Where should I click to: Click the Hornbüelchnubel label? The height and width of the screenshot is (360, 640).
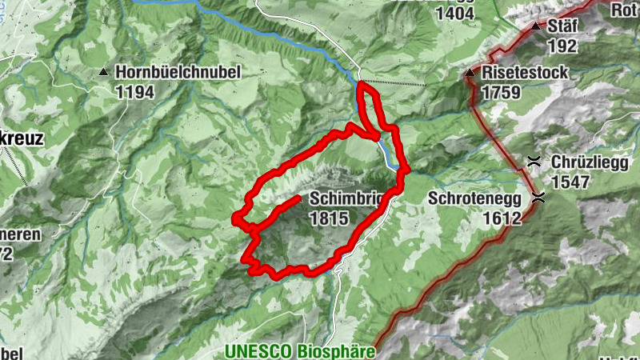[x=178, y=72]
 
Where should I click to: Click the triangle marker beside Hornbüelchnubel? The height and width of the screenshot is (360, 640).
[x=102, y=73]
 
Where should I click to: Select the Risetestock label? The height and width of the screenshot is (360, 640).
[x=526, y=73]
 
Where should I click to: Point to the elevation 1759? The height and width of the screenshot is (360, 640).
[x=502, y=92]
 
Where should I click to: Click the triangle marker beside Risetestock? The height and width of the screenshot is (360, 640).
[x=470, y=73]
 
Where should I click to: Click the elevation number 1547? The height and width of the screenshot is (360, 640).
[x=570, y=182]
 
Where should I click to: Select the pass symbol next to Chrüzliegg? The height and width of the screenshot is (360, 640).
[x=534, y=161]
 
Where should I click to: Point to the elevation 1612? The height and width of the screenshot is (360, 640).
[x=502, y=218]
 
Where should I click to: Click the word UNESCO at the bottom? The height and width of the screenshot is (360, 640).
[x=257, y=351]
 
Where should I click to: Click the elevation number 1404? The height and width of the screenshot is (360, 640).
[x=455, y=13]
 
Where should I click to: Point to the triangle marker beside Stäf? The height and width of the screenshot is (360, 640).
[x=535, y=26]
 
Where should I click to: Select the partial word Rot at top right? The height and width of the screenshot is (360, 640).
[x=625, y=10]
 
